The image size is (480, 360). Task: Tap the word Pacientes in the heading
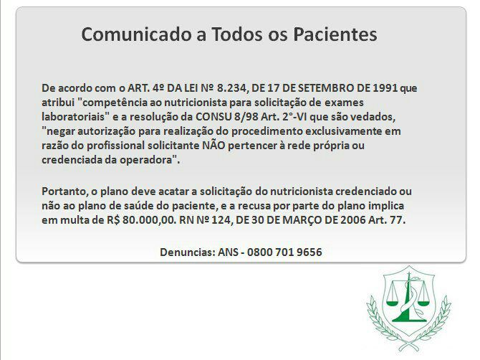click(335, 34)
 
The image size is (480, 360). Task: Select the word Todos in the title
click(237, 34)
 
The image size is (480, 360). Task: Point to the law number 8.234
click(231, 88)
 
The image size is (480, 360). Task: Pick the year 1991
click(385, 88)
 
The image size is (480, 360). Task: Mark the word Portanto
click(65, 191)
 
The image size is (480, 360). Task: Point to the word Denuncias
click(188, 252)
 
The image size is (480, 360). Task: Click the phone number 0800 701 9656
click(284, 252)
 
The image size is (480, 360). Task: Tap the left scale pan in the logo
click(392, 303)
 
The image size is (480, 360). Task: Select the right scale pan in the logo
click(423, 303)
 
